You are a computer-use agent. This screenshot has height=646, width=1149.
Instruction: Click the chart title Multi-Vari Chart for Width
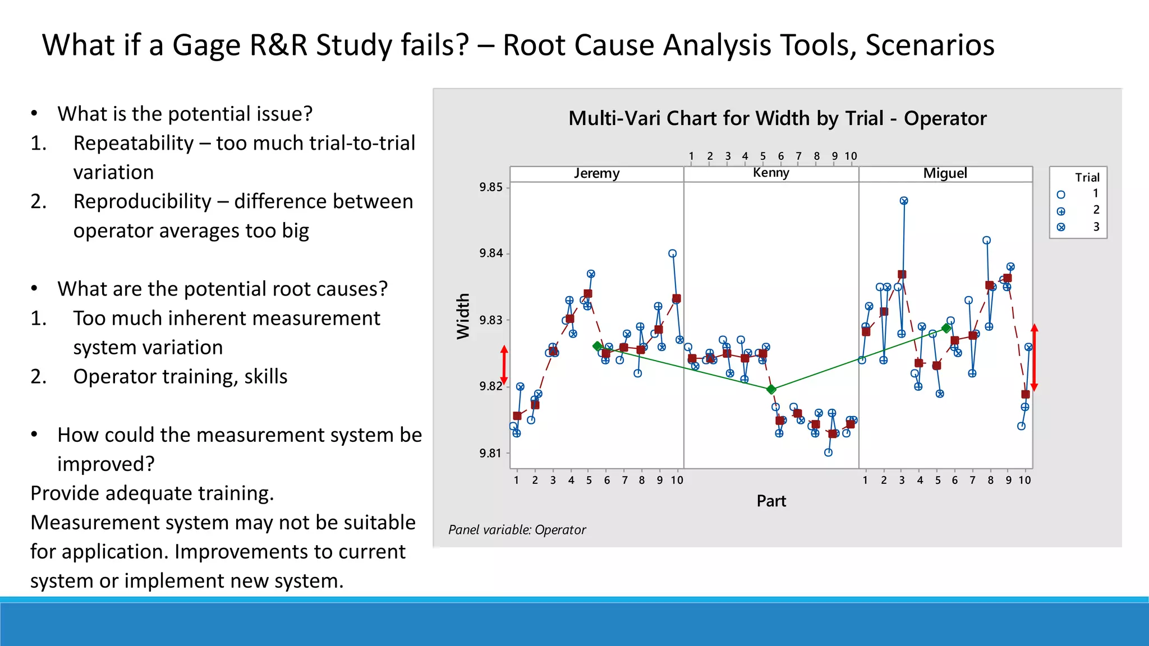pyautogui.click(x=777, y=119)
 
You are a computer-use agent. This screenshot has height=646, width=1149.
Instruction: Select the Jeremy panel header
pyautogui.click(x=596, y=173)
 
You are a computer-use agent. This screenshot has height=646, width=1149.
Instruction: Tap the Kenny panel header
pyautogui.click(x=771, y=173)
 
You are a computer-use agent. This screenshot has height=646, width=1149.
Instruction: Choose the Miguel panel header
pyautogui.click(x=945, y=173)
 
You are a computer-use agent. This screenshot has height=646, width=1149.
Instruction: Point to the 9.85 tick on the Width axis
pyautogui.click(x=491, y=187)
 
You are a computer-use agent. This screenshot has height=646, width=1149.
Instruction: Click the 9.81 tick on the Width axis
pyautogui.click(x=491, y=453)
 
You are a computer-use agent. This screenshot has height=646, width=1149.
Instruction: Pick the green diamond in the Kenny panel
pyautogui.click(x=771, y=389)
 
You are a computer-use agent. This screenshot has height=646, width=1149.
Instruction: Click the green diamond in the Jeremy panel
pyautogui.click(x=598, y=347)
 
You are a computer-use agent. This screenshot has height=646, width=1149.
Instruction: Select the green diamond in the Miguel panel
pyautogui.click(x=946, y=328)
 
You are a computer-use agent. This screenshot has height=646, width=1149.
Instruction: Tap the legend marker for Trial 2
pyautogui.click(x=1061, y=211)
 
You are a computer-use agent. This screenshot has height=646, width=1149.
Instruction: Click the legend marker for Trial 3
pyautogui.click(x=1061, y=227)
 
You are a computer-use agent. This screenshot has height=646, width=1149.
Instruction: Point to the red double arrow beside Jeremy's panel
pyautogui.click(x=504, y=365)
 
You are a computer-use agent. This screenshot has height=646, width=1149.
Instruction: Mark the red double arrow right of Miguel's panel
pyautogui.click(x=1035, y=358)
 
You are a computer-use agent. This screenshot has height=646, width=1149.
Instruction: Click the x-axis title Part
pyautogui.click(x=771, y=501)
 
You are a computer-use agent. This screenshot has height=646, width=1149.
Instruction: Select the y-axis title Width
pyautogui.click(x=463, y=316)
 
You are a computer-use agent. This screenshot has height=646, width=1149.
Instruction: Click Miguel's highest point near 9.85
pyautogui.click(x=904, y=201)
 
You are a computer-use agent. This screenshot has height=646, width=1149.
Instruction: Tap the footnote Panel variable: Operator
pyautogui.click(x=517, y=530)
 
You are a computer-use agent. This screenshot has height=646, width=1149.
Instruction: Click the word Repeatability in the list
pyautogui.click(x=134, y=144)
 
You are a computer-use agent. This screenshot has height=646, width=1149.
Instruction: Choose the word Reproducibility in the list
pyautogui.click(x=142, y=202)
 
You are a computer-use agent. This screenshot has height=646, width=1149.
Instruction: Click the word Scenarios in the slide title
pyautogui.click(x=930, y=45)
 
